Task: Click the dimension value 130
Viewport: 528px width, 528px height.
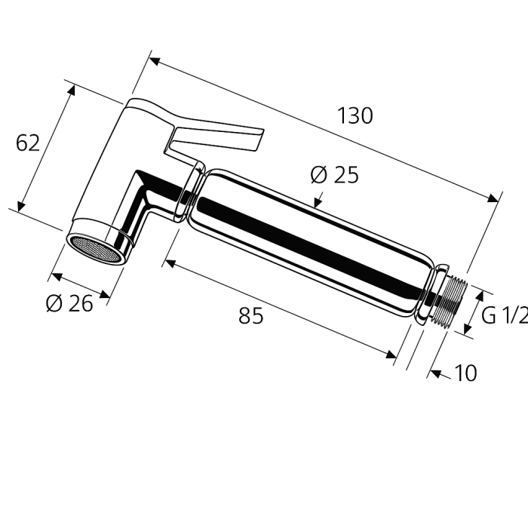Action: (355, 116)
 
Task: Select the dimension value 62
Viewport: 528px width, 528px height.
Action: (28, 143)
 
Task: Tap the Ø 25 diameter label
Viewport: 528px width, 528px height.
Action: (334, 176)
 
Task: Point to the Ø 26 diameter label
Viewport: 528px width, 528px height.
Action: (69, 303)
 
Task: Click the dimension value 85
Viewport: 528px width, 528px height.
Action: (251, 317)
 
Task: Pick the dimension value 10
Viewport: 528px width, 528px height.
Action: (466, 373)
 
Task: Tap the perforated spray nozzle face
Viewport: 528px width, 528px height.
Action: (95, 248)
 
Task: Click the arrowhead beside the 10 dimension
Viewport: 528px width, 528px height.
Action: (435, 373)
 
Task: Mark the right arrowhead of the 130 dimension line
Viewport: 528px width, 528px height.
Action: (495, 198)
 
